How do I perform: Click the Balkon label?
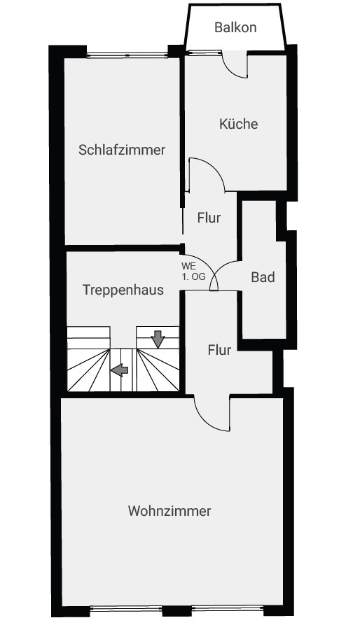tap(235, 28)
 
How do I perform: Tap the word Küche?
tap(239, 123)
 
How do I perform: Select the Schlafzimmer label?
tap(122, 150)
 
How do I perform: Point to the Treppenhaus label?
tap(123, 290)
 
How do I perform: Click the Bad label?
tap(263, 277)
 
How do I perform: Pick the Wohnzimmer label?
tap(169, 511)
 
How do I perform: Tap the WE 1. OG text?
tap(193, 272)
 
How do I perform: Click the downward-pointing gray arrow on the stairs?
tap(158, 339)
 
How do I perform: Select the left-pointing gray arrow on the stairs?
tap(119, 370)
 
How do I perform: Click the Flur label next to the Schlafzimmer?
tap(209, 218)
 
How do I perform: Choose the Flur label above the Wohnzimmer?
tap(219, 350)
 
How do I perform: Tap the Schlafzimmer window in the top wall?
tap(127, 55)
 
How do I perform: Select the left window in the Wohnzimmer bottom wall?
tap(126, 609)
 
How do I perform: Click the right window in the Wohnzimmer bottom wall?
tap(228, 609)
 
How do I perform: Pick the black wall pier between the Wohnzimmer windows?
tap(177, 610)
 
